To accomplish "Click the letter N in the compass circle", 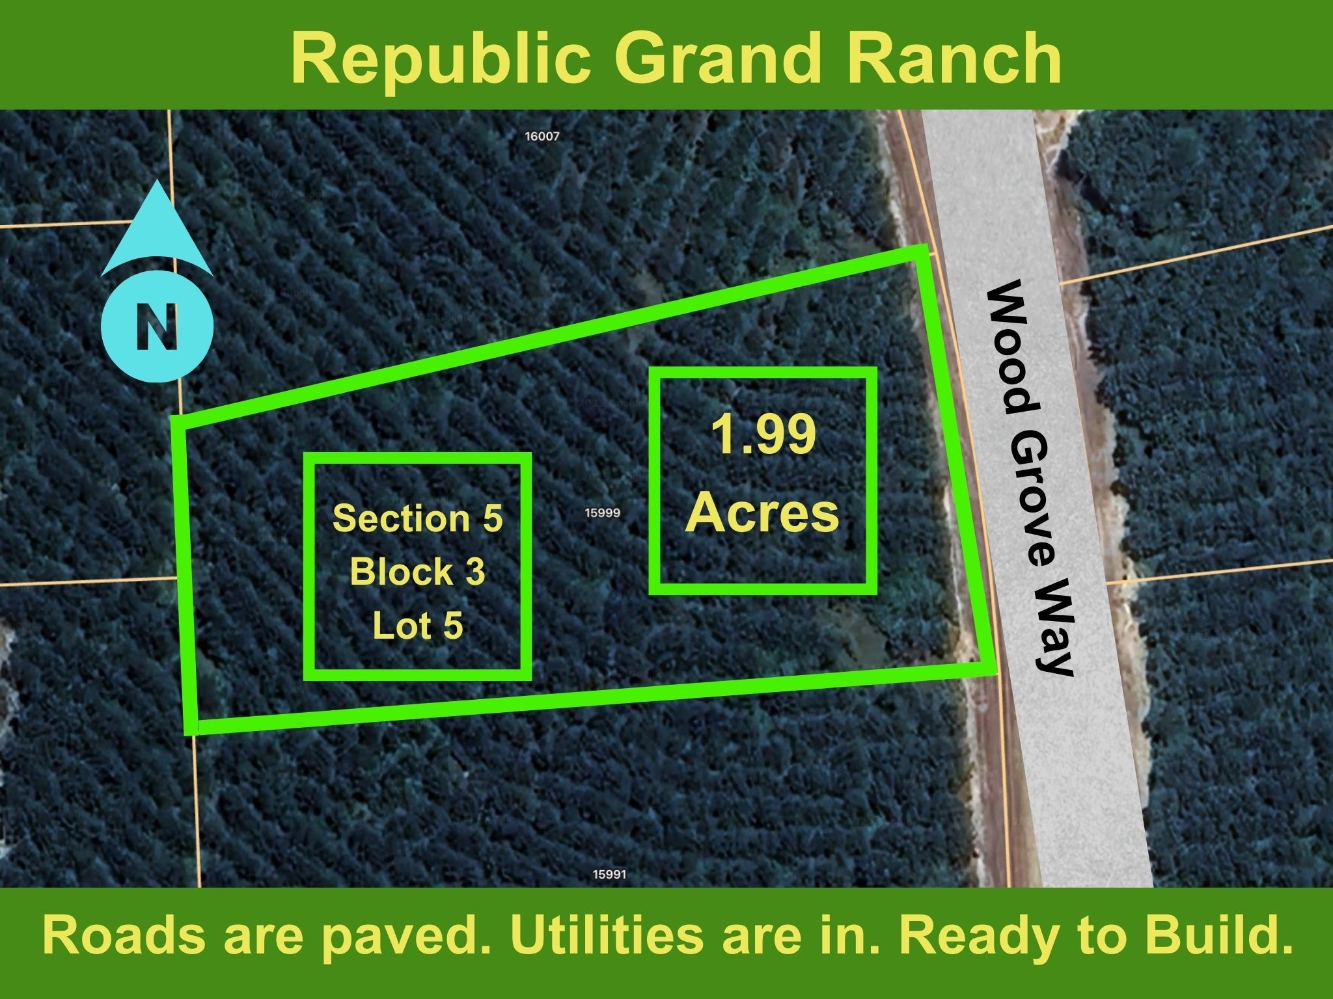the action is point(157,327).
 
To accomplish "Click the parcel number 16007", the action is point(542,137).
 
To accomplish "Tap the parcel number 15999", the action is point(602,513).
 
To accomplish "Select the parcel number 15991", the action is point(609,875).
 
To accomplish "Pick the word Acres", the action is point(763,514).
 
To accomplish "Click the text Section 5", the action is point(418,518).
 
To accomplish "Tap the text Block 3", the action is point(418,572).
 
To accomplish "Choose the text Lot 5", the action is point(418,626).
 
